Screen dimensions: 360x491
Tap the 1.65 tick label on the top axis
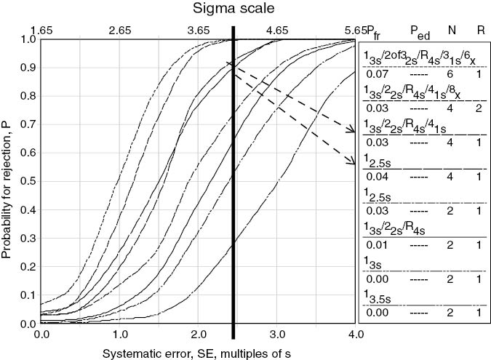(41, 31)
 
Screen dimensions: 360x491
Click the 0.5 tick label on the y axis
(28, 182)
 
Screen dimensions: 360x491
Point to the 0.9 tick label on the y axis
(28, 68)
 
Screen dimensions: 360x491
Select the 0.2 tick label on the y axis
(28, 267)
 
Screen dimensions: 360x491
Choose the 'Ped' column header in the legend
(418, 31)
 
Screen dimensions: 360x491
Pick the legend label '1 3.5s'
(376, 295)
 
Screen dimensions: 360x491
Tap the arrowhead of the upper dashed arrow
(353, 132)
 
